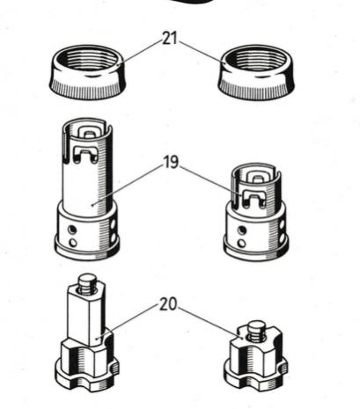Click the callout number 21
(170, 39)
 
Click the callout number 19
(171, 162)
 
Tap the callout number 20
(169, 304)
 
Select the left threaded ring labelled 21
(87, 72)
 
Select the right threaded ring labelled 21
(256, 72)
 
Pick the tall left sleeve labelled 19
(87, 189)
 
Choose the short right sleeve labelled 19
(256, 212)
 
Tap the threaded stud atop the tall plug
(86, 283)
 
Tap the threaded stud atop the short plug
(256, 330)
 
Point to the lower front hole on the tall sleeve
(72, 243)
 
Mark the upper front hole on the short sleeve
(241, 230)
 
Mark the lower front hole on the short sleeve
(242, 243)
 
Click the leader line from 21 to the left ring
(140, 52)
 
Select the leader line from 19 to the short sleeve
(210, 181)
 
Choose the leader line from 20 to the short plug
(210, 323)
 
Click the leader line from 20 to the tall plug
(128, 322)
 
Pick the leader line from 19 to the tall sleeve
(128, 185)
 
